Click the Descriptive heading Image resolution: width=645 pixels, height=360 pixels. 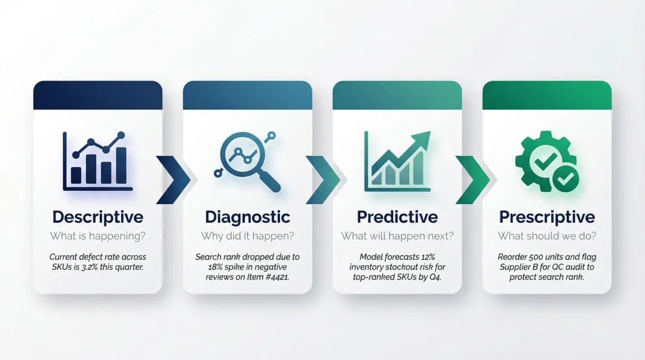coord(97,217)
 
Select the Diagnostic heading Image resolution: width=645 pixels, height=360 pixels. coord(247,217)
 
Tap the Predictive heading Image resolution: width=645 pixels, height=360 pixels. coord(397,217)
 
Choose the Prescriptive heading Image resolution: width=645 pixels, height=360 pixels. coord(547,217)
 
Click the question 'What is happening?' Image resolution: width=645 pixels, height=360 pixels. coord(97,236)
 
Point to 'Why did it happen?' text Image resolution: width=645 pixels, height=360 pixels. coord(247,236)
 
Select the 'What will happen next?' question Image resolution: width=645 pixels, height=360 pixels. coord(397,236)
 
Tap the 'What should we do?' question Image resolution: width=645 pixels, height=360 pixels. coord(547,236)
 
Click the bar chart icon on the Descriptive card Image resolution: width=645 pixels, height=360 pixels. coord(97,161)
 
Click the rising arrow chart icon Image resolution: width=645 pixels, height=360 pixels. coord(397,161)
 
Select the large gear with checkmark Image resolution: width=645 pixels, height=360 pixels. coord(540,158)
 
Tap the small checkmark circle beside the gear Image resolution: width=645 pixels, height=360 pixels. coord(565,178)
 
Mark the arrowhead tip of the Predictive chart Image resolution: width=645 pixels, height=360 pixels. coord(429,133)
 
